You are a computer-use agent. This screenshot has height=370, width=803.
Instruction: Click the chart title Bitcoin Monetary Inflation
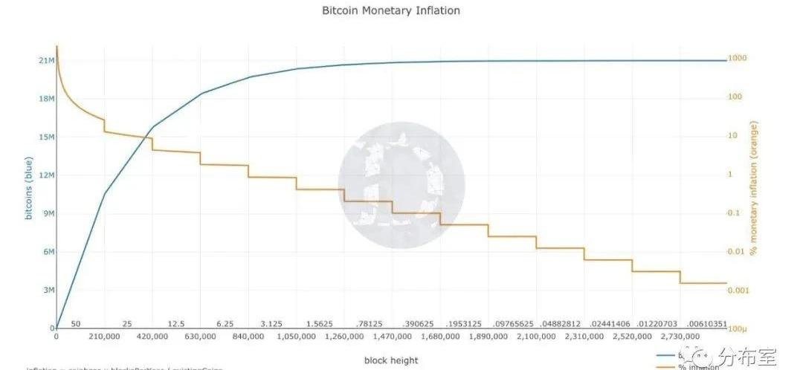(390, 11)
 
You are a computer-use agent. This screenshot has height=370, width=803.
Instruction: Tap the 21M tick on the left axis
(45, 61)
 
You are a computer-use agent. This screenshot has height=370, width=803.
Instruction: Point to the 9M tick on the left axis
(47, 214)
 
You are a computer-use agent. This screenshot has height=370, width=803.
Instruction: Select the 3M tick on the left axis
(47, 291)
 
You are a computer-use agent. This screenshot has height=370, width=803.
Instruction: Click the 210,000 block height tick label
(104, 337)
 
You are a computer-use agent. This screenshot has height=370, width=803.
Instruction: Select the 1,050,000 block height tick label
(296, 337)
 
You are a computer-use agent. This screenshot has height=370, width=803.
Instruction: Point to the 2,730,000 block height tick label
(680, 337)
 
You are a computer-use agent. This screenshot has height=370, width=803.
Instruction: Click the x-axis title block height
(390, 360)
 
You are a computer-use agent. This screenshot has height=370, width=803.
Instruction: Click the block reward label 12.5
(176, 325)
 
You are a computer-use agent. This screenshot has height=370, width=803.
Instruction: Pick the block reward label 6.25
(225, 325)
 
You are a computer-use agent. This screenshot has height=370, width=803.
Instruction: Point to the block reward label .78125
(368, 325)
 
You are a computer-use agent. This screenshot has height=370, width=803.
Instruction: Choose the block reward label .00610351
(706, 325)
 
